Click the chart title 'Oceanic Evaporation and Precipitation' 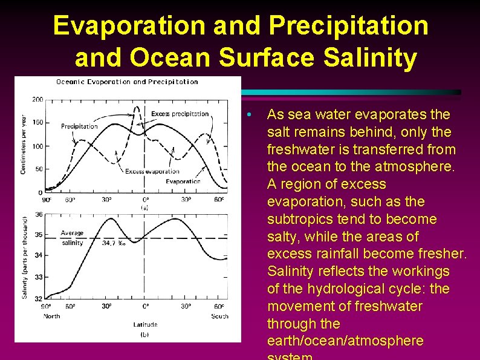coord(127,82)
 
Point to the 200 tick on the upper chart coord(37,99)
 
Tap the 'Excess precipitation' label coord(180,114)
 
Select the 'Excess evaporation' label coord(152,172)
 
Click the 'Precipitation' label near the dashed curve coord(79,126)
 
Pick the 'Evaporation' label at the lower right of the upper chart coord(183,182)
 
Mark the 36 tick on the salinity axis coord(39,214)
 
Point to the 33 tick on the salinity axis coord(39,277)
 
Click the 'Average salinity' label coord(73,238)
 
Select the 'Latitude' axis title coord(145,325)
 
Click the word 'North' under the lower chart coord(51,316)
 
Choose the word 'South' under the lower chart coord(220,316)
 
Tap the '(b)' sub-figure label coord(145,334)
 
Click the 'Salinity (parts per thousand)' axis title coord(25,258)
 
